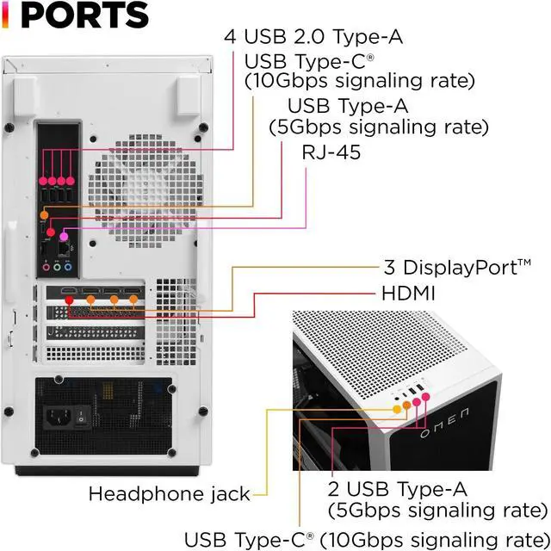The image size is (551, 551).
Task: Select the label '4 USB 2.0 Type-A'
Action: [x=313, y=37]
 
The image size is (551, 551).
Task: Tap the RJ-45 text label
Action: [x=331, y=152]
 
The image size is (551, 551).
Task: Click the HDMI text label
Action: [x=408, y=294]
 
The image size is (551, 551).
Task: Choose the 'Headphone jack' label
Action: [x=181, y=494]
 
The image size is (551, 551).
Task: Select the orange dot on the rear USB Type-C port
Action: [x=45, y=215]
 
